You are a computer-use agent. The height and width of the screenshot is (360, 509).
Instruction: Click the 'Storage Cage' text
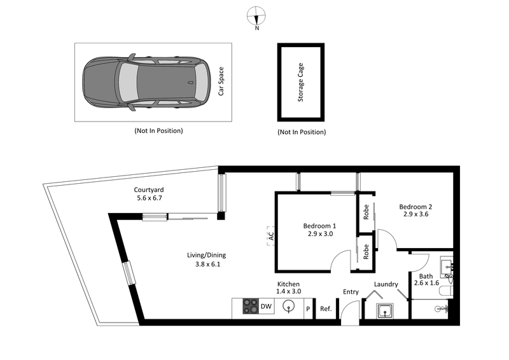(x=301, y=83)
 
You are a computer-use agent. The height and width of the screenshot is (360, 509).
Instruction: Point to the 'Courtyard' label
(x=150, y=190)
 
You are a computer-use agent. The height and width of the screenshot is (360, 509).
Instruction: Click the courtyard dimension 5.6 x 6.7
(x=150, y=198)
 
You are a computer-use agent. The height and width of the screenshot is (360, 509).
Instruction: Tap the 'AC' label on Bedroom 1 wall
(x=270, y=236)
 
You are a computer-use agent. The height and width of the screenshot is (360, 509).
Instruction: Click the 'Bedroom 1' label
(x=319, y=226)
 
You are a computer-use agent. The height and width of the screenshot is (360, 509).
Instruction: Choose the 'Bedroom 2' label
(x=415, y=206)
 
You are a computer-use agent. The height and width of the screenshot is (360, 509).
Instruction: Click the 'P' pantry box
(x=308, y=309)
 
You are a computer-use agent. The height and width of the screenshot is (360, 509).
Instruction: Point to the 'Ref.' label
(x=326, y=309)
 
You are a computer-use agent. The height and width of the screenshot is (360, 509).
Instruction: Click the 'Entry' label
(x=351, y=292)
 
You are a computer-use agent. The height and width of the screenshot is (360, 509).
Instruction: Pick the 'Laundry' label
(x=386, y=284)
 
